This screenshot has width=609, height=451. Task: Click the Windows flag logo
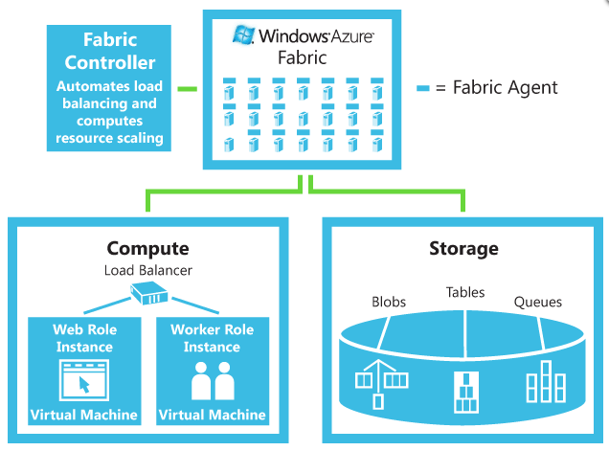tap(243, 35)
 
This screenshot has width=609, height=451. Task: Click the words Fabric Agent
tap(505, 88)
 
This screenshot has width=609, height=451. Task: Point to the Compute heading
tap(147, 249)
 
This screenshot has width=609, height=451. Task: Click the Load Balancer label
tap(147, 270)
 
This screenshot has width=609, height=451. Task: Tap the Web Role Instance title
tap(84, 338)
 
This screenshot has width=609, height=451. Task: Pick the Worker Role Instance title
tap(212, 338)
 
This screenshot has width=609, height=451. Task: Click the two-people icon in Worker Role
tap(213, 382)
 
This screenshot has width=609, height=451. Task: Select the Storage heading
tap(464, 249)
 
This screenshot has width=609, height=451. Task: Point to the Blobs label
tap(388, 302)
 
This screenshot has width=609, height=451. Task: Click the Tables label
tap(465, 292)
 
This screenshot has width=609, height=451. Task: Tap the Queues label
tap(538, 302)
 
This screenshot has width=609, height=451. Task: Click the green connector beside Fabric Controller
tap(187, 89)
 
